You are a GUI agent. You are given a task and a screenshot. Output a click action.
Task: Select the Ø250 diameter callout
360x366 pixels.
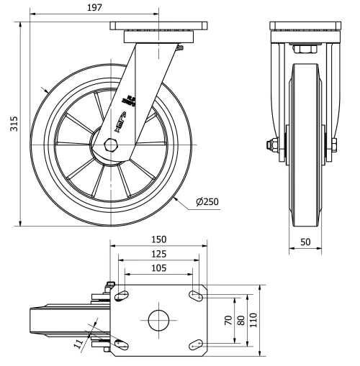tap(207, 202)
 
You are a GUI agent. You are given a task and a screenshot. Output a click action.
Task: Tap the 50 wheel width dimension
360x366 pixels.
tap(306, 242)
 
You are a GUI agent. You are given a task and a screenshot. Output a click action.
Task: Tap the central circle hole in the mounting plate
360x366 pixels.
tap(158, 320)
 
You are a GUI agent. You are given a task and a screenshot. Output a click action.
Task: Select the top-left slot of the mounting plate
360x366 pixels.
tap(123, 295)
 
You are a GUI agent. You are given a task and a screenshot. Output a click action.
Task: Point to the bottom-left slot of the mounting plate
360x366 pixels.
tap(123, 345)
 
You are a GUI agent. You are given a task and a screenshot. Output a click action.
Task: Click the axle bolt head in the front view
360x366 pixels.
tap(272, 146)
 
